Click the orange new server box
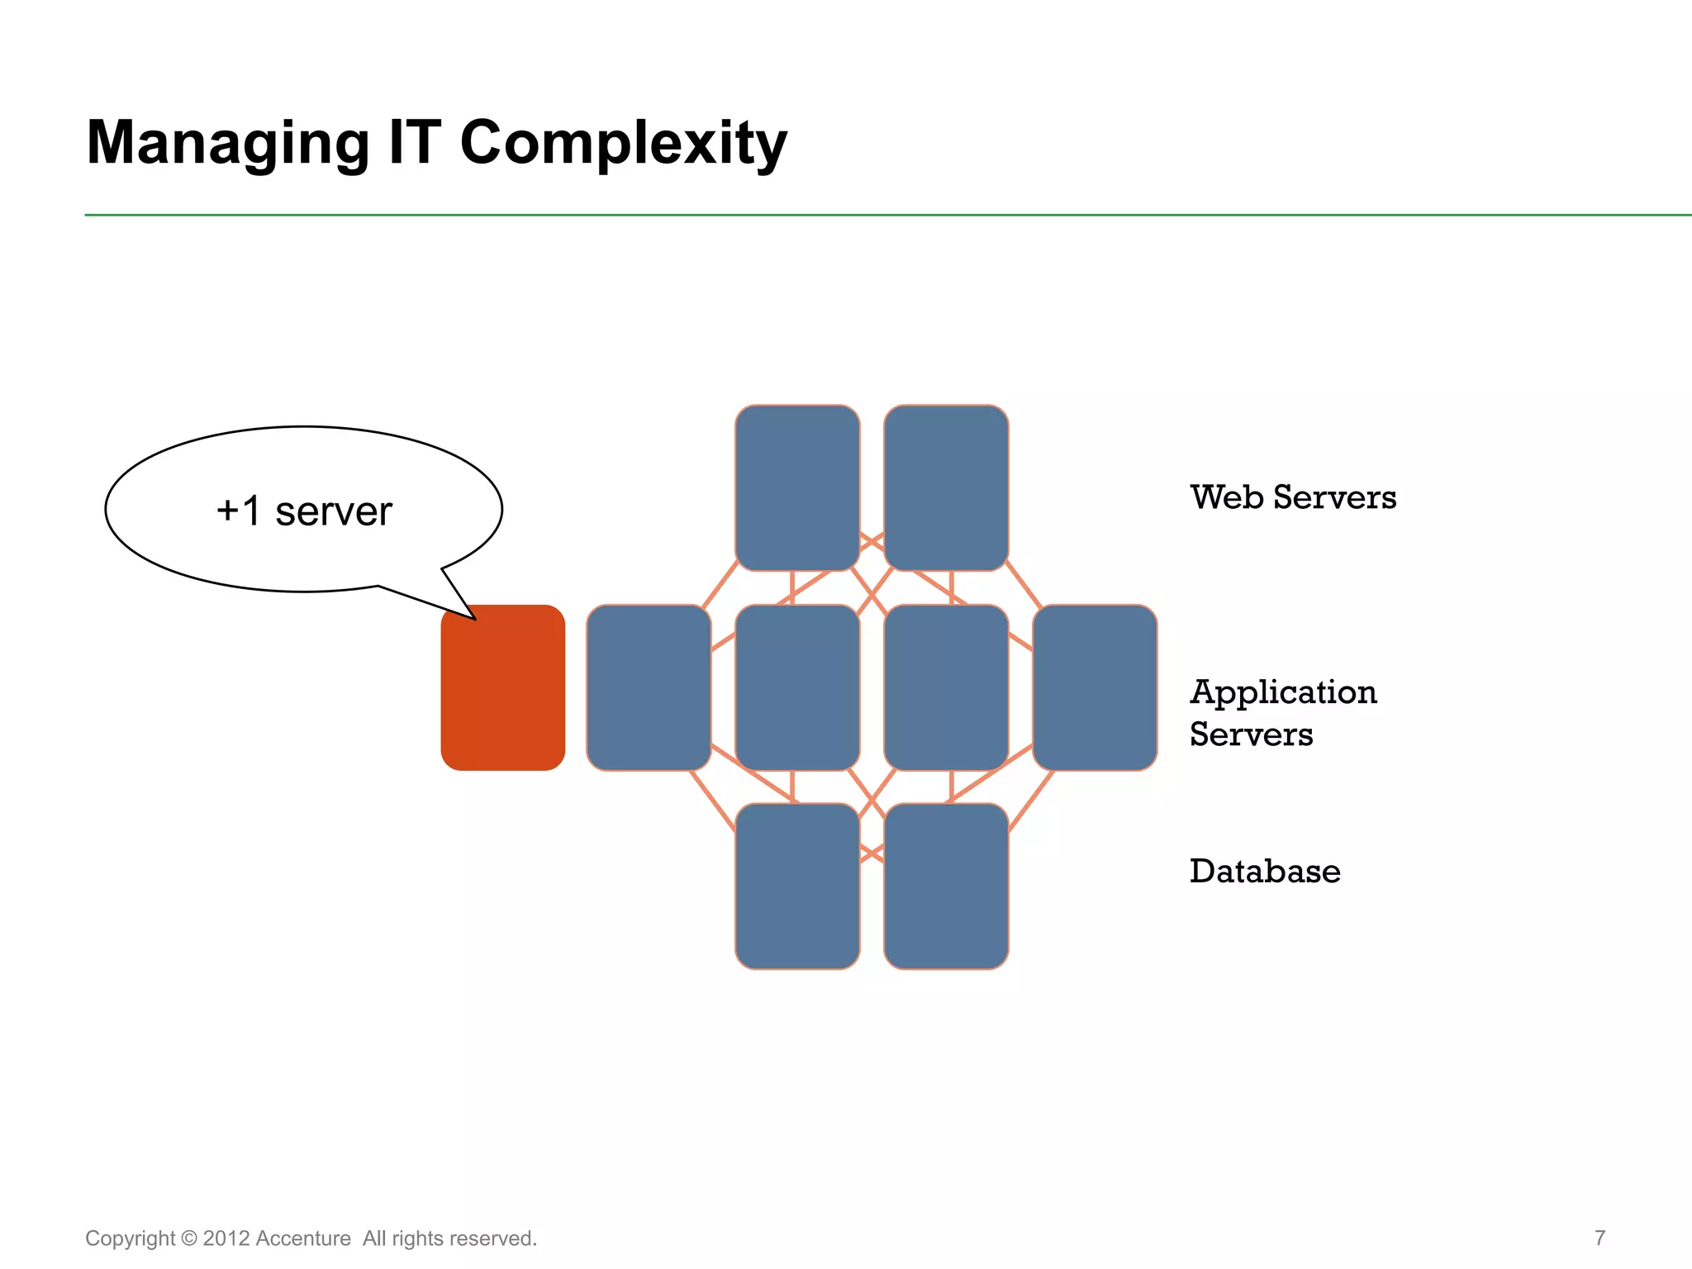click(x=502, y=687)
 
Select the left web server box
click(x=797, y=487)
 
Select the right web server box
click(x=946, y=487)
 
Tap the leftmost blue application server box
click(x=649, y=687)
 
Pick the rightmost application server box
click(x=1095, y=687)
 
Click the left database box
click(x=797, y=886)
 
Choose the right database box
click(x=946, y=886)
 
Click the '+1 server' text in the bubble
click(x=303, y=511)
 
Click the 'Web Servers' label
click(x=1293, y=497)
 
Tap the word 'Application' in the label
click(x=1283, y=692)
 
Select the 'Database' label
click(x=1264, y=872)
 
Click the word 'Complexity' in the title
click(x=623, y=144)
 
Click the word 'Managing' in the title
click(x=228, y=144)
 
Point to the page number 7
click(x=1599, y=1238)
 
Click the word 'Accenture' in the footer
click(x=302, y=1238)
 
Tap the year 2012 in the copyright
click(x=226, y=1238)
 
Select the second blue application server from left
click(x=797, y=687)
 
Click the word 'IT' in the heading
click(x=415, y=142)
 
